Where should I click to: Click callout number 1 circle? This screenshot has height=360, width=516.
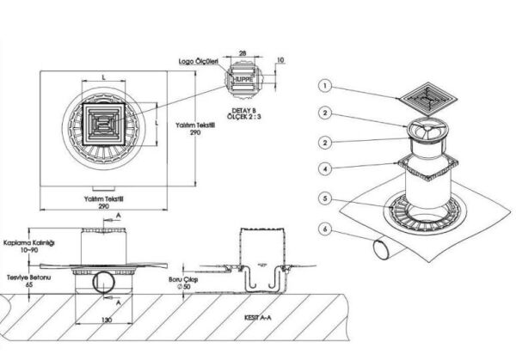click(x=325, y=86)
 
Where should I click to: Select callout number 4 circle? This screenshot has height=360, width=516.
click(x=325, y=168)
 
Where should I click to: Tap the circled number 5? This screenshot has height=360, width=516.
click(x=325, y=198)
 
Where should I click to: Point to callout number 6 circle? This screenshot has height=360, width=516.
click(x=325, y=229)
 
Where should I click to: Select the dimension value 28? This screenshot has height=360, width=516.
click(x=244, y=53)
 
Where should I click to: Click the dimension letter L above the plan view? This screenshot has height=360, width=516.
click(x=104, y=78)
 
